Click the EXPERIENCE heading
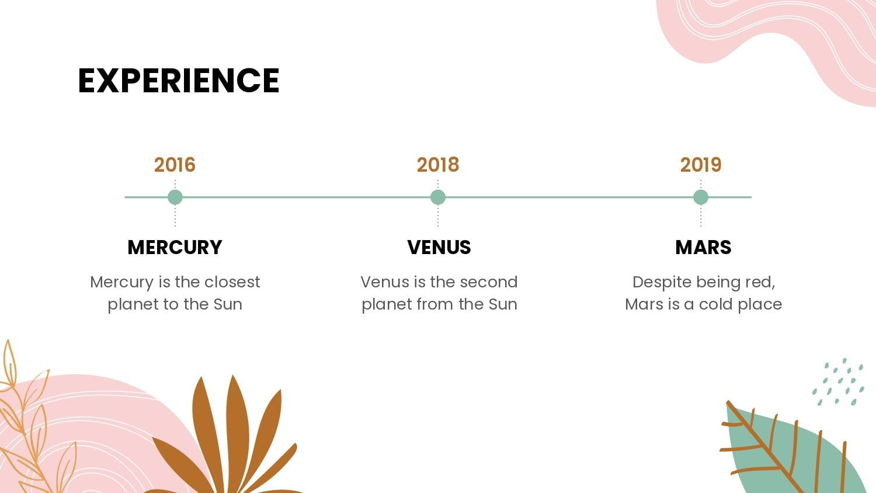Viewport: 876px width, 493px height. click(x=179, y=80)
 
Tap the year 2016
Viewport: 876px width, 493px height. click(x=175, y=165)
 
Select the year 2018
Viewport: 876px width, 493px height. click(x=437, y=165)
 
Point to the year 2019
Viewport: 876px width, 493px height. click(x=701, y=165)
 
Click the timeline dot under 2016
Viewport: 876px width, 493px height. click(x=175, y=197)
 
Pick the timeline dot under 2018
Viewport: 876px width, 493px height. click(x=438, y=197)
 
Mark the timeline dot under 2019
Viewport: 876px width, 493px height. click(x=701, y=197)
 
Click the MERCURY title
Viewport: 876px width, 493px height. click(x=175, y=247)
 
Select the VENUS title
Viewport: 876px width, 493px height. click(x=439, y=247)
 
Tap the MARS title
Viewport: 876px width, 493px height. click(x=703, y=247)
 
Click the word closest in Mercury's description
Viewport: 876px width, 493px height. click(x=232, y=282)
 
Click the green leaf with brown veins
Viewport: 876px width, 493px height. click(x=794, y=448)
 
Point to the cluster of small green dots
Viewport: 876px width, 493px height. click(x=838, y=382)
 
